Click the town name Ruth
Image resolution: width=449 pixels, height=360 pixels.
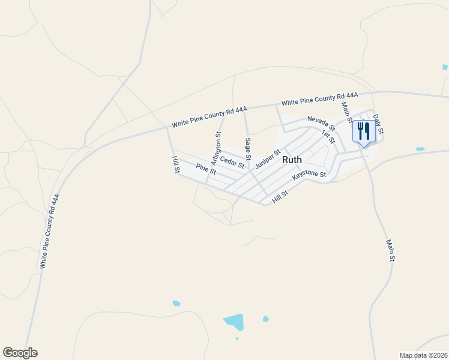pyautogui.click(x=292, y=160)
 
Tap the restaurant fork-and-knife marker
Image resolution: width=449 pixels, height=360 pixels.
pyautogui.click(x=363, y=131)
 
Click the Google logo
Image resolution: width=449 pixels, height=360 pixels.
pyautogui.click(x=20, y=353)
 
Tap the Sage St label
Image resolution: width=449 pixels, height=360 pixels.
pyautogui.click(x=247, y=149)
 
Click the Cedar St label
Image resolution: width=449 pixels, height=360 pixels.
pyautogui.click(x=232, y=161)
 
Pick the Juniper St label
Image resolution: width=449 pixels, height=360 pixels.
pyautogui.click(x=268, y=159)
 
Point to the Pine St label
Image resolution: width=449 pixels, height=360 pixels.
pyautogui.click(x=206, y=170)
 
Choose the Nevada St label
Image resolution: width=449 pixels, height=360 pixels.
pyautogui.click(x=321, y=124)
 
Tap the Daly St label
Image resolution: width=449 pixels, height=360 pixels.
pyautogui.click(x=378, y=124)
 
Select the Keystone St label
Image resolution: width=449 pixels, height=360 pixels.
pyautogui.click(x=309, y=175)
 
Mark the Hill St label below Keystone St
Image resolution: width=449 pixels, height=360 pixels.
pyautogui.click(x=280, y=197)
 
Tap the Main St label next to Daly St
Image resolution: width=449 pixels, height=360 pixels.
pyautogui.click(x=346, y=112)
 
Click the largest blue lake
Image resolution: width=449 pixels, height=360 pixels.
pyautogui.click(x=235, y=322)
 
